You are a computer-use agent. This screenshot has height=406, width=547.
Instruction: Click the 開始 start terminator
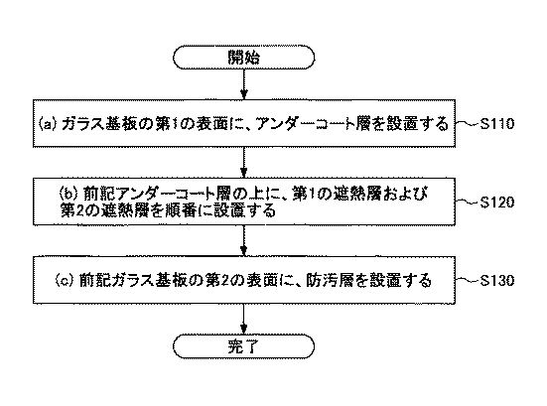(x=244, y=57)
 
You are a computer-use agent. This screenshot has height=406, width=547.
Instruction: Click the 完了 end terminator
(x=244, y=346)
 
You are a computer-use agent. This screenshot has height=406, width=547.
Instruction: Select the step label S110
(x=496, y=124)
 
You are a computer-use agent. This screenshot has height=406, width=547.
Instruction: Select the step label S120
(x=496, y=203)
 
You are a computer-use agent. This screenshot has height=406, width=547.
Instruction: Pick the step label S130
(x=496, y=281)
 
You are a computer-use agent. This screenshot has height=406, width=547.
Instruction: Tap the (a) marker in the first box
(x=47, y=124)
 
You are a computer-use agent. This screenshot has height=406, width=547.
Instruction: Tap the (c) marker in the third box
(x=65, y=281)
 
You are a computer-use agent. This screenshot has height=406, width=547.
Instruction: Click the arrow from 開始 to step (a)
(x=244, y=84)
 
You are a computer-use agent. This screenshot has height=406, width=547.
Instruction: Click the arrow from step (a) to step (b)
(x=244, y=162)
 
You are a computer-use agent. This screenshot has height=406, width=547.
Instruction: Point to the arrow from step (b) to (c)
(x=244, y=240)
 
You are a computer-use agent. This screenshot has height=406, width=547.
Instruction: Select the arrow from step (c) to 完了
(x=244, y=319)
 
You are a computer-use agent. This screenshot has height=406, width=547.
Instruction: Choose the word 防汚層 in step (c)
(x=330, y=281)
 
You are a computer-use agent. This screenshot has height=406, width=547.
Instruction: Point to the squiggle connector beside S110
(x=468, y=123)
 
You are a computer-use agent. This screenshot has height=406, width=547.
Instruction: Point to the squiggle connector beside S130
(x=468, y=279)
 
